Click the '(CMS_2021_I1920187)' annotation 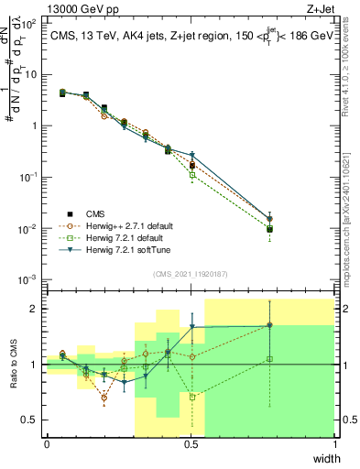point(191,273)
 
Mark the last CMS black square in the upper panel point(270,229)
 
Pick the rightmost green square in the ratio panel point(270,359)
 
